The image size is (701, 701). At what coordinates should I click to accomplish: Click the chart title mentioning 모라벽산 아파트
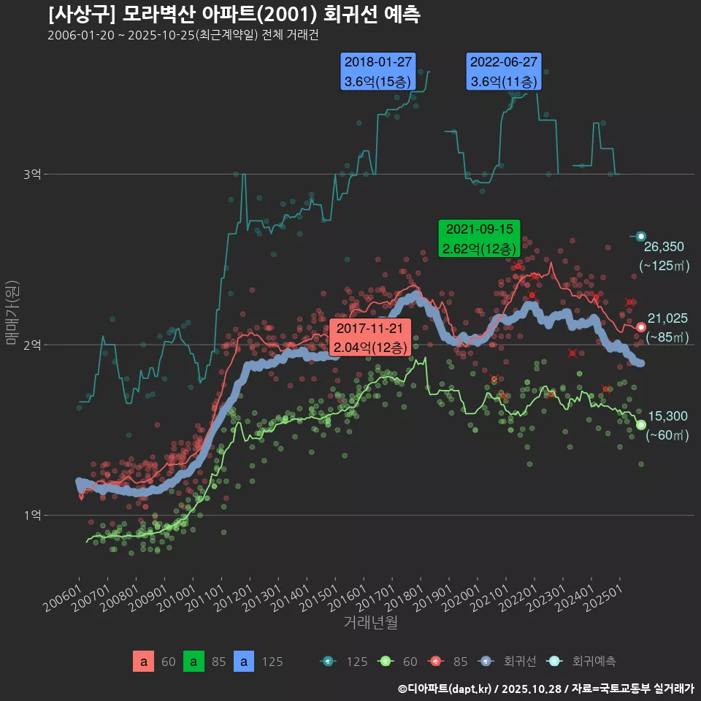coord(234,15)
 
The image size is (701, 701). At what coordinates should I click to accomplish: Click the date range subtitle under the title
coord(183,35)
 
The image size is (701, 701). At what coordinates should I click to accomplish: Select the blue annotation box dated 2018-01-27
coord(378,72)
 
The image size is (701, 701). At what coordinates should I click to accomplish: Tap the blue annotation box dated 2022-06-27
coord(504,72)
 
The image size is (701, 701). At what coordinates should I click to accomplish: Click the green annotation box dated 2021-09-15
coord(479,238)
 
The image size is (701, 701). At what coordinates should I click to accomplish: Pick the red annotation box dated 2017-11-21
coord(370,337)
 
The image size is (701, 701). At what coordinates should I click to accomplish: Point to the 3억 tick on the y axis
coord(31,174)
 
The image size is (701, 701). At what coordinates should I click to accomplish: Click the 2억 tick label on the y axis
coord(31,345)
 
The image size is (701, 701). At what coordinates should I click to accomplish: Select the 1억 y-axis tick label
coord(31,515)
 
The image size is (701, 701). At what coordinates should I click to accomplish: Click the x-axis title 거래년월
coord(370,623)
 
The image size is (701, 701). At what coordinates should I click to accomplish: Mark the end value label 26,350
coord(664,246)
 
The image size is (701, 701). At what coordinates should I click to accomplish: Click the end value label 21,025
coord(667,318)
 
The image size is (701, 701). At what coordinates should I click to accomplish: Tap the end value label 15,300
coord(667,416)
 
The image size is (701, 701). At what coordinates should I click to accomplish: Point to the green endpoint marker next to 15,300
coord(641,425)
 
